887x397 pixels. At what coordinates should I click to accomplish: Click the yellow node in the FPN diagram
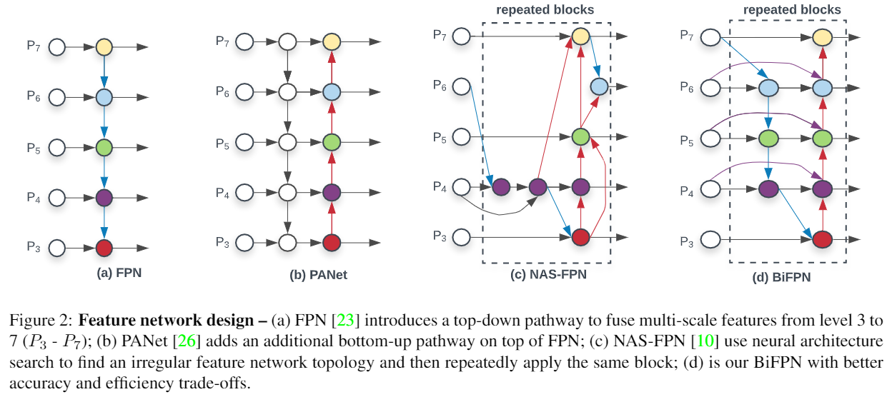[x=104, y=48]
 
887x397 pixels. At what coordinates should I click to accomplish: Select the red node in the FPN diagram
[x=104, y=248]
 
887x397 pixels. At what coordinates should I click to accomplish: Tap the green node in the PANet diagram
[x=331, y=141]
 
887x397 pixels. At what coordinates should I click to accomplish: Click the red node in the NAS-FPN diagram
[x=580, y=236]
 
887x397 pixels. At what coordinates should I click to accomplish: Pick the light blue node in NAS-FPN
[x=599, y=86]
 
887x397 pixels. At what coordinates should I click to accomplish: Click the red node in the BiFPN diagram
[x=823, y=239]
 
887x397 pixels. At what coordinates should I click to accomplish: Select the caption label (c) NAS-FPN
[x=548, y=274]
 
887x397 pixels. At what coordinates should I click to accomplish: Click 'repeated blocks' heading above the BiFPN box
[x=791, y=10]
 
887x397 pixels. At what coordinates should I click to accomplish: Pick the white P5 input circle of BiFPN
[x=711, y=136]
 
